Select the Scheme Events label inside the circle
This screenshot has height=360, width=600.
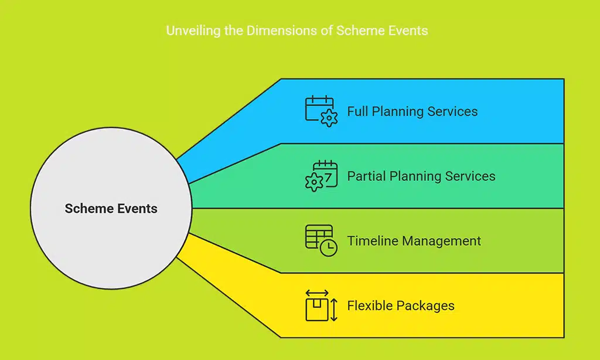click(111, 208)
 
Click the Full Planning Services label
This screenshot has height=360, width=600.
click(412, 111)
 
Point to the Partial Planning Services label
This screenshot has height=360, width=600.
click(421, 176)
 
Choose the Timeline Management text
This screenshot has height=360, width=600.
click(414, 241)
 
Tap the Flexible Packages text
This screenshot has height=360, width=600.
click(400, 305)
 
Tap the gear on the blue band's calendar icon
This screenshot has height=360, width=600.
click(330, 120)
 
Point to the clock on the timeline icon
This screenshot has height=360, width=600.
click(329, 248)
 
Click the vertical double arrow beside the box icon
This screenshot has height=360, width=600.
click(334, 310)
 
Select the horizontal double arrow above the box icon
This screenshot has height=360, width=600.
click(318, 293)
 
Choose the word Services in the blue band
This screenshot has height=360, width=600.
click(454, 111)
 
